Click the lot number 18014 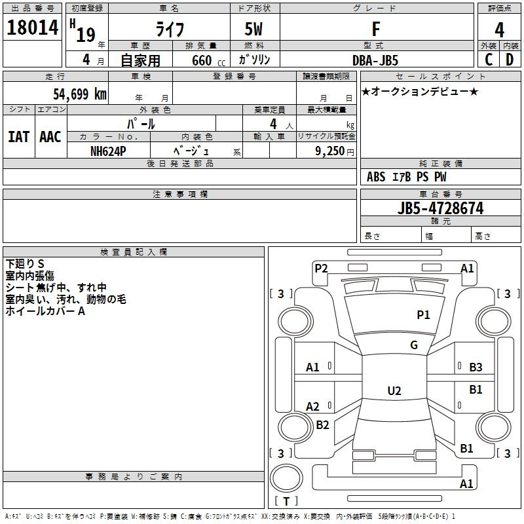[32, 29]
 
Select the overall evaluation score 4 [499, 29]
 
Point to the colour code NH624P [108, 151]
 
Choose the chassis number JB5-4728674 [440, 208]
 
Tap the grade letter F [375, 29]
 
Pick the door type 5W [255, 29]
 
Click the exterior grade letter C [488, 60]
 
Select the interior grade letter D [510, 60]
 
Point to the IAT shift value [19, 137]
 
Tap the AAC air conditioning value [50, 137]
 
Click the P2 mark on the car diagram [321, 267]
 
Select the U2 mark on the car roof [394, 391]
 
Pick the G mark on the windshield [414, 345]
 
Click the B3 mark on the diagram [476, 367]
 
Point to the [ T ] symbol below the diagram [286, 501]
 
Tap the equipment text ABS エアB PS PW [407, 177]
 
